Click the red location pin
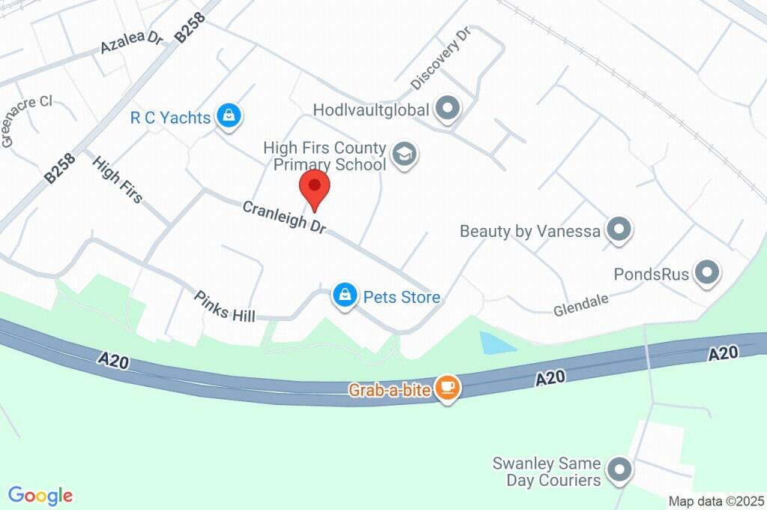click(315, 187)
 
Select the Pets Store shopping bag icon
click(344, 295)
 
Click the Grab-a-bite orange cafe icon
click(449, 387)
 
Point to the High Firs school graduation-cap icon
click(405, 155)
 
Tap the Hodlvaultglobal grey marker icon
click(448, 109)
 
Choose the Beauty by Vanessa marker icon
click(619, 230)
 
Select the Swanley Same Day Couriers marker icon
click(619, 471)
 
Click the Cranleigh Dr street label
click(284, 217)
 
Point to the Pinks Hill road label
click(224, 306)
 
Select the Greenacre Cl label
click(26, 120)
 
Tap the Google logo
click(40, 496)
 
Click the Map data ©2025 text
click(716, 501)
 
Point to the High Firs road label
click(118, 179)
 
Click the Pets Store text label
click(401, 297)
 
